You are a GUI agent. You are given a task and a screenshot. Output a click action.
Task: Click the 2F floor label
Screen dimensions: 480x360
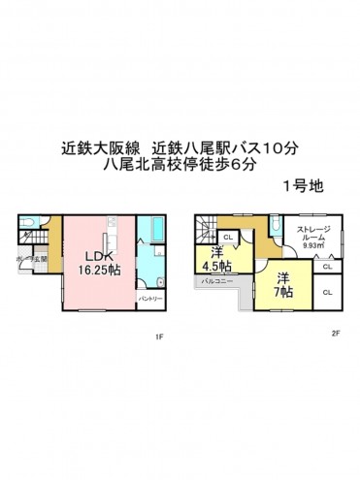(335, 335)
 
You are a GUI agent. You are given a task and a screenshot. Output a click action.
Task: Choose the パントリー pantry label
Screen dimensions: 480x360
(150, 299)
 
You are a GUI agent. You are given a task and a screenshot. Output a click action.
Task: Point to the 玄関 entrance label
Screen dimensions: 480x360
(38, 259)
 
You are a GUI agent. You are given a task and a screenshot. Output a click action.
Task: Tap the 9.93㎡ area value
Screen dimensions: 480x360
(313, 247)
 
